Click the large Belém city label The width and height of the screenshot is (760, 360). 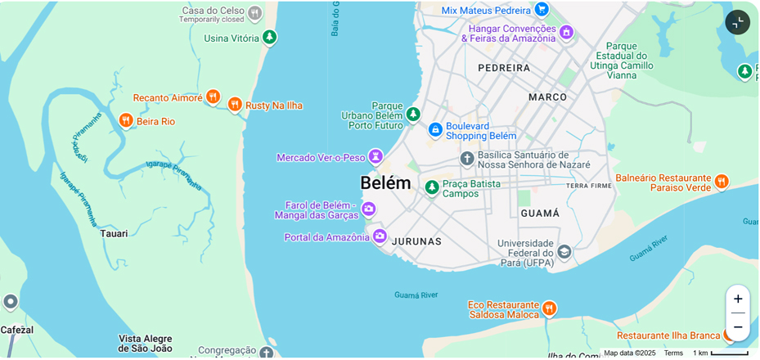385,182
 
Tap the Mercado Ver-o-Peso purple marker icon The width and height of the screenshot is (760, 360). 376,155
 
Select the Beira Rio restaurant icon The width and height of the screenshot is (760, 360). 126,120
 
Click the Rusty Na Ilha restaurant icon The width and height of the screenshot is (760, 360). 235,105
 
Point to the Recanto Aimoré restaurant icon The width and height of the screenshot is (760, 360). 213,97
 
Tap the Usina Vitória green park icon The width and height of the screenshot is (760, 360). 269,37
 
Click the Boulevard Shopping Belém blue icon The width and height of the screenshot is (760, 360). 435,129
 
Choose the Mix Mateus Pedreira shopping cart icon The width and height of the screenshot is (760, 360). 541,9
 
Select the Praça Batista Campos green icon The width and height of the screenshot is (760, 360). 432,187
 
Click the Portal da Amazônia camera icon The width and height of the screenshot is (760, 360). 380,236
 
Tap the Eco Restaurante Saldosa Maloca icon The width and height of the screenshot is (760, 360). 549,308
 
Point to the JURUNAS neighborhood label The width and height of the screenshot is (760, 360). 416,241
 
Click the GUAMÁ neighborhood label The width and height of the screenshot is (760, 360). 540,213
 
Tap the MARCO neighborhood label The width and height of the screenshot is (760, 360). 547,97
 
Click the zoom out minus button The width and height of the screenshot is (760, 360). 737,327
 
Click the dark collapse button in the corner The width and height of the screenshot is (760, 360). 737,22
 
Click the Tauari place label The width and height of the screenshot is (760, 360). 114,233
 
